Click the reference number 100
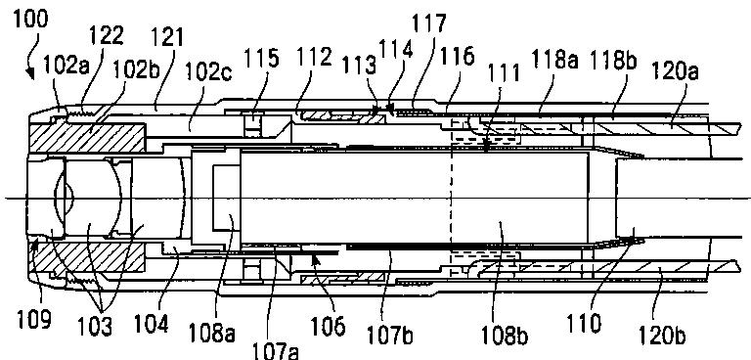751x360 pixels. (31, 19)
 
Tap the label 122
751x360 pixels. (106, 35)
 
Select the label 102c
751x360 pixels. (209, 73)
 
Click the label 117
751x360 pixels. (429, 23)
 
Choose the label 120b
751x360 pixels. (661, 337)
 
